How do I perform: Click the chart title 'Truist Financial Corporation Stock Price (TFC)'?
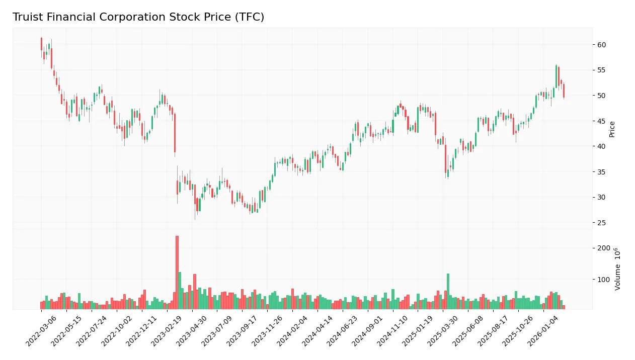coord(138,17)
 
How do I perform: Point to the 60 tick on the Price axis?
coord(601,45)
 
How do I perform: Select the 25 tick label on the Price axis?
coord(601,223)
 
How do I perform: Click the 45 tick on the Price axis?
coord(601,121)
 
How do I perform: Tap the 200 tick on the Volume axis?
coord(603,248)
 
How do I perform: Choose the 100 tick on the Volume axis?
coord(603,280)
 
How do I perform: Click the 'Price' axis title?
coord(612,129)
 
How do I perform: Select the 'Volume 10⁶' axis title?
coord(617,269)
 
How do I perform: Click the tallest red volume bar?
coord(177,272)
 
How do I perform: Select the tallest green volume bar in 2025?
coord(448,291)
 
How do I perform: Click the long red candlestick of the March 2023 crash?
coord(175,133)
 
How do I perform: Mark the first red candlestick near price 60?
coord(41,44)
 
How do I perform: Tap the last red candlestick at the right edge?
coord(564,91)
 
